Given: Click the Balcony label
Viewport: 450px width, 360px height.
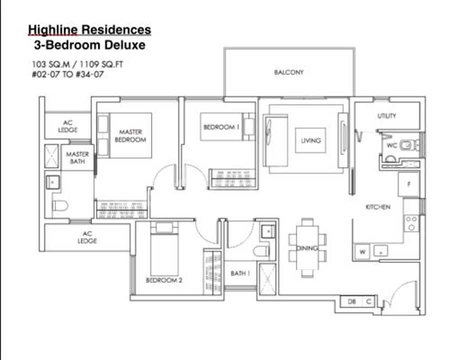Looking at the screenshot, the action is point(288,72).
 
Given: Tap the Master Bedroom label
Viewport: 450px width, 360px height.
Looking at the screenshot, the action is point(130,136).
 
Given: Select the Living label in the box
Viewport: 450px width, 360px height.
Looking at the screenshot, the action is point(310,140).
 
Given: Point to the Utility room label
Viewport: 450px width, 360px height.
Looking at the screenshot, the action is point(386,115).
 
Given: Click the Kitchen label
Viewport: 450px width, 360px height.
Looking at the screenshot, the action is point(378,206).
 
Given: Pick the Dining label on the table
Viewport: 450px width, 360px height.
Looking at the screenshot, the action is point(307,248).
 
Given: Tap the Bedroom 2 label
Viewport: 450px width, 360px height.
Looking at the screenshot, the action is point(164,280).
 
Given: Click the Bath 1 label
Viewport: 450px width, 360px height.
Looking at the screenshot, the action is point(240,273).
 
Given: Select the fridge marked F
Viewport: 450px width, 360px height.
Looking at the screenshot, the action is point(408,184).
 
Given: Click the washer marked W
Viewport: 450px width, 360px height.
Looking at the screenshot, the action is point(362,252).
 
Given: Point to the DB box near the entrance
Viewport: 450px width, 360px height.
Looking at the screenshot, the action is point(351,301).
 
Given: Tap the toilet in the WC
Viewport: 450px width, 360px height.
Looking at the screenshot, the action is point(408,145).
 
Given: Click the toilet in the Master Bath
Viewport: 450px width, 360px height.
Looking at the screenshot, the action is point(60,205).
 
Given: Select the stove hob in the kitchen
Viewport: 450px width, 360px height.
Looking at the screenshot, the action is point(411,223).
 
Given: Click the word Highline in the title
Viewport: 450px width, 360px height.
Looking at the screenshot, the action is point(53,30).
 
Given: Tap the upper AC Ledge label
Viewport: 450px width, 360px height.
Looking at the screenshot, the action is point(67,126).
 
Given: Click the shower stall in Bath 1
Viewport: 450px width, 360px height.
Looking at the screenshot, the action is point(267,279).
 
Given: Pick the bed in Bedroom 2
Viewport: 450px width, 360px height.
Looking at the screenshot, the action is point(164,248).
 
